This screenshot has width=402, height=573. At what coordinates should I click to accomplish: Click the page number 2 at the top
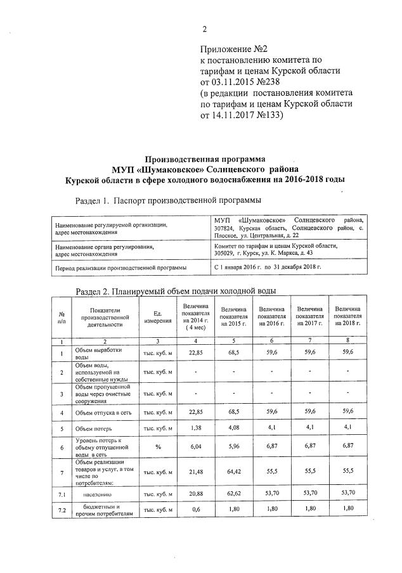pos(205,28)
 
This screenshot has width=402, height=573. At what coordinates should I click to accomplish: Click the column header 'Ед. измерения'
pos(158,316)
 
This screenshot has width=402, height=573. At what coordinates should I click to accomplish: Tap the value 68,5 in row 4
pos(234,413)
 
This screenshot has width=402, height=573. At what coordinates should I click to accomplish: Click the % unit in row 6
pos(158,447)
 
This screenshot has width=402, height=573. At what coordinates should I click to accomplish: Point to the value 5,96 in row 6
pos(234,447)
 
